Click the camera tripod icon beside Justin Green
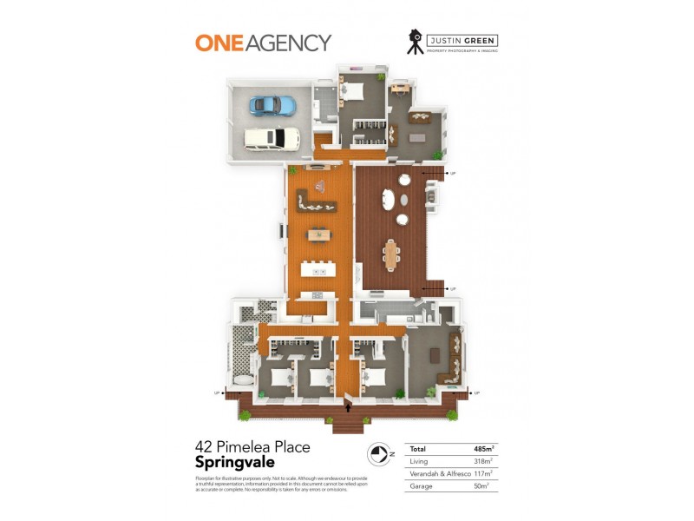(x=416, y=43)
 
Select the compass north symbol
(x=377, y=453)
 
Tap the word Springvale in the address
(x=235, y=462)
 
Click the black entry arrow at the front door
(x=349, y=405)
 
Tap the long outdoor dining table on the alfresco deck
(x=391, y=254)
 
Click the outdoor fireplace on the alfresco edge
(x=431, y=197)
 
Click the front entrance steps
(x=348, y=425)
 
